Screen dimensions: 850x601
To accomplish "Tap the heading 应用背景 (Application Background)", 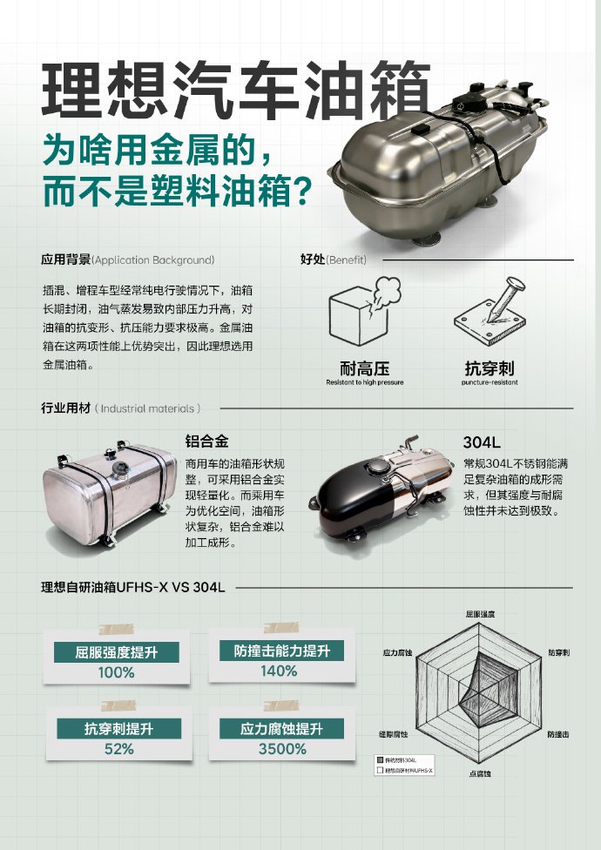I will (x=127, y=260).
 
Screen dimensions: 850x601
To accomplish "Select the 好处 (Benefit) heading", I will (x=333, y=260).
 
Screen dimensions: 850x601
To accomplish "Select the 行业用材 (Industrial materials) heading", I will (x=121, y=408).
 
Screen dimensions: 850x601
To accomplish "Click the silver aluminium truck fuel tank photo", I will (x=109, y=495).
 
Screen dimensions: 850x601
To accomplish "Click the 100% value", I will (x=116, y=672).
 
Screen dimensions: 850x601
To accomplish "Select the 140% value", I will (x=279, y=671).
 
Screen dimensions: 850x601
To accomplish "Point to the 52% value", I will (x=118, y=749).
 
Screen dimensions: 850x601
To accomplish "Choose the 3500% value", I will (x=282, y=749).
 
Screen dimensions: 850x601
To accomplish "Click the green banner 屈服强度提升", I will (x=116, y=652).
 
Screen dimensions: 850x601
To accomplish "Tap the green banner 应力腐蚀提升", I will (x=282, y=729).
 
